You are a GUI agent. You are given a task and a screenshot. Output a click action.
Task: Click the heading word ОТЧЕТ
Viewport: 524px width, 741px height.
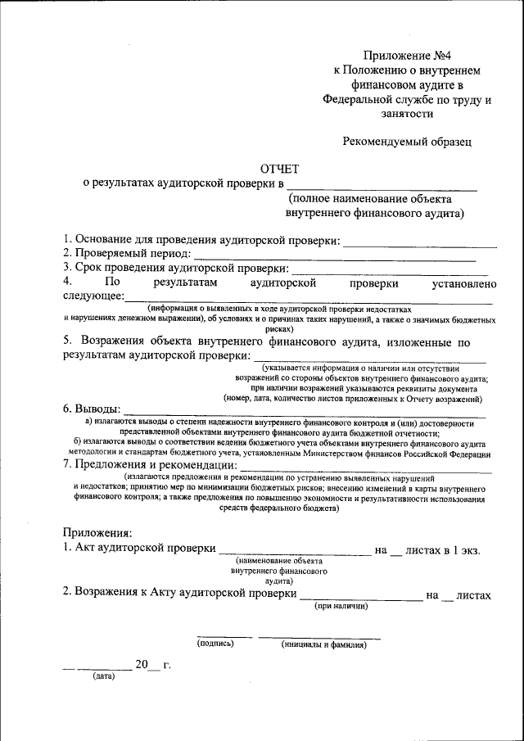280,167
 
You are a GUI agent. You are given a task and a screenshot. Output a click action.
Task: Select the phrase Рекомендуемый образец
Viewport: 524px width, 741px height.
408,141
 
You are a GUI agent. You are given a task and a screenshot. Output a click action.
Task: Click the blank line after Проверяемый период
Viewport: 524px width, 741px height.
334,259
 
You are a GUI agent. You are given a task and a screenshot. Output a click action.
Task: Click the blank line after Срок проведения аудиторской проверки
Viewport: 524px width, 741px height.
390,273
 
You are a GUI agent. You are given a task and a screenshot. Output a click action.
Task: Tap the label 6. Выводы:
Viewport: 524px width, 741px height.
91,409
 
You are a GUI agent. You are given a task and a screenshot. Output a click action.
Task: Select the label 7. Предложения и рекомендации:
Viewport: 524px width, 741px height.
148,464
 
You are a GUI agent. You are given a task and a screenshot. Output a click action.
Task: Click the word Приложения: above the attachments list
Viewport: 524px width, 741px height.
97,534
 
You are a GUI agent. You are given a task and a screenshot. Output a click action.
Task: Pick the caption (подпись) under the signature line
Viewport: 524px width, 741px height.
215,644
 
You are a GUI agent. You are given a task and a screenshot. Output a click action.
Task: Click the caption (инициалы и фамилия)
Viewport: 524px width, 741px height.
323,644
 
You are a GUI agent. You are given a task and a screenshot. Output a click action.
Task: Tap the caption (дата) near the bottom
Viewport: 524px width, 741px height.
103,677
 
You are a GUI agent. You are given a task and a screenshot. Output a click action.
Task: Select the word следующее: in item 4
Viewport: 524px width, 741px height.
93,296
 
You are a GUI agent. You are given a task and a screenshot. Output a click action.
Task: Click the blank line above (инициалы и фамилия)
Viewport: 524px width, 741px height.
319,636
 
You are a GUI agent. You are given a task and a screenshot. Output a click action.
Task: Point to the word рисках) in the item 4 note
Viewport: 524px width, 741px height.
279,326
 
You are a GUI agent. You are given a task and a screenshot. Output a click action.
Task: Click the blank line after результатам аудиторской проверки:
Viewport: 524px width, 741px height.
368,360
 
